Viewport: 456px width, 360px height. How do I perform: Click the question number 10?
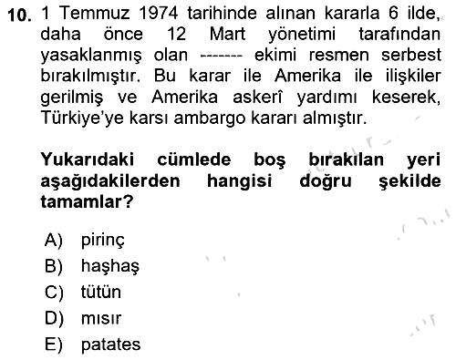coord(20,15)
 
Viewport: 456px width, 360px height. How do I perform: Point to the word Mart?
coord(227,34)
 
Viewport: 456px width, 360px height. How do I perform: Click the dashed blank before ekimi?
coord(222,57)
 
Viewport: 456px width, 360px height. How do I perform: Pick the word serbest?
coord(411,55)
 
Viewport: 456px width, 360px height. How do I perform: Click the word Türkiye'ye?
coord(82,118)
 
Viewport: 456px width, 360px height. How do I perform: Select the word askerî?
coord(257,98)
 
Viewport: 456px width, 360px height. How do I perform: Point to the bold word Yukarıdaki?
coord(88,159)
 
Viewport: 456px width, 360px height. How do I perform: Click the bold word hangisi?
coord(239,181)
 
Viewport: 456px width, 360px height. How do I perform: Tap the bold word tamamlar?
coord(87,201)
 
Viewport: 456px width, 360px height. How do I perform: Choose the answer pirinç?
coord(103,241)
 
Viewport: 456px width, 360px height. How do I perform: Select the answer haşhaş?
coord(110,266)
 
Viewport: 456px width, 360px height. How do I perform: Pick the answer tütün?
coord(101,292)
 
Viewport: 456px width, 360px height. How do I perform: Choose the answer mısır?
coord(101,318)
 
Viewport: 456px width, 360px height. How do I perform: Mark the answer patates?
coord(110,345)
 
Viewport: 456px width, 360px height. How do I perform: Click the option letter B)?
coord(54,266)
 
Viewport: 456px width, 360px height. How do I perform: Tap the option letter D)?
coord(54,319)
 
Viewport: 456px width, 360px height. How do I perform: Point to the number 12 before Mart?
coord(176,34)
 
